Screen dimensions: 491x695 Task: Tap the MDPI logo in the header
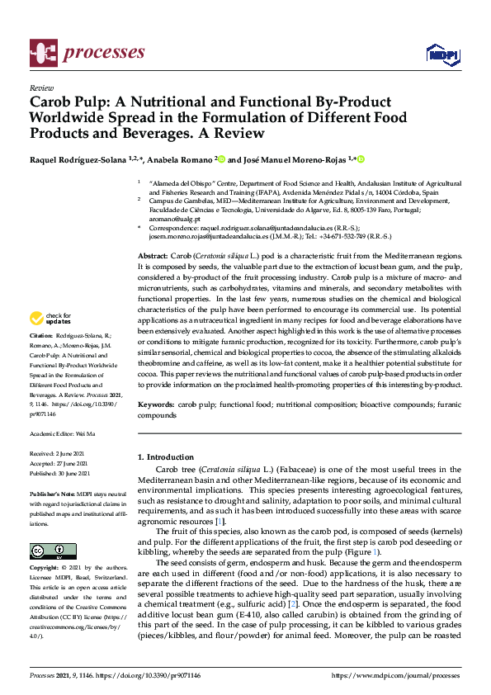pyautogui.click(x=441, y=54)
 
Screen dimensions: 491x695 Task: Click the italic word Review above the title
pyautogui.click(x=40, y=87)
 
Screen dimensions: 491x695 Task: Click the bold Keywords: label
pyautogui.click(x=157, y=406)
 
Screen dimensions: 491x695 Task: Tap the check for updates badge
pyautogui.click(x=50, y=318)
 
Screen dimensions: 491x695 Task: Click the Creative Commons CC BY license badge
pyautogui.click(x=47, y=551)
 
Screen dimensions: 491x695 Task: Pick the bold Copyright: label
pyautogui.click(x=45, y=569)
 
